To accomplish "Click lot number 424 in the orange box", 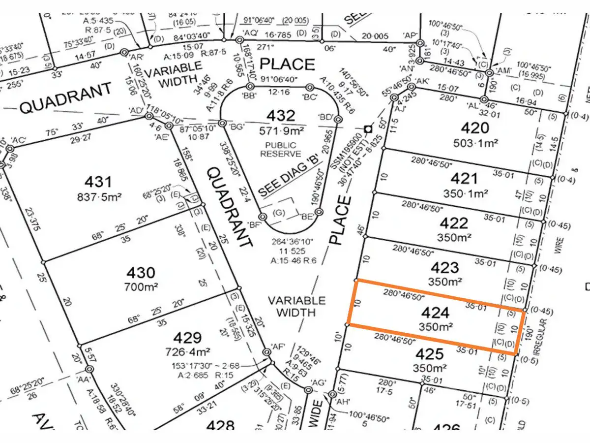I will (x=435, y=313).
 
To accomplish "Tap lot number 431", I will (x=98, y=182).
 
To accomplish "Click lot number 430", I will (x=141, y=272).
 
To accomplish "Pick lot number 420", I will (x=475, y=128).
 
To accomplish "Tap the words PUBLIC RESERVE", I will (x=281, y=150).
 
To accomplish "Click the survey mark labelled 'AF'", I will (x=267, y=352).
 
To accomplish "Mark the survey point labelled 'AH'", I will (x=332, y=394).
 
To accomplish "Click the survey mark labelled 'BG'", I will (x=222, y=123).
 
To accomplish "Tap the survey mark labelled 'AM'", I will (x=489, y=73).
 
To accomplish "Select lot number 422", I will (x=453, y=223).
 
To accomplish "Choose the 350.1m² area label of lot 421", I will (x=463, y=193).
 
